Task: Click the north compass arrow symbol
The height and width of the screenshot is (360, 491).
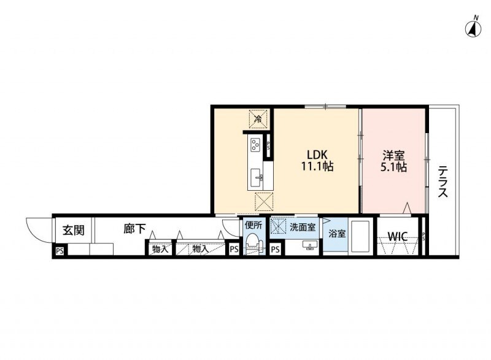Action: tap(473, 29)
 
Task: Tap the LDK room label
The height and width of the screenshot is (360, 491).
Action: tap(317, 155)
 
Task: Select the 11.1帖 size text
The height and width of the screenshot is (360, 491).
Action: tap(317, 166)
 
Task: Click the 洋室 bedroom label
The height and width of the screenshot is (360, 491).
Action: tap(393, 155)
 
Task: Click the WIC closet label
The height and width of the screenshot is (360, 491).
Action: tap(398, 236)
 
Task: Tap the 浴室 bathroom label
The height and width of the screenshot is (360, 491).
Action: tap(337, 234)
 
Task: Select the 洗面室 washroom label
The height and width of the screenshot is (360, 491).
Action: tap(303, 228)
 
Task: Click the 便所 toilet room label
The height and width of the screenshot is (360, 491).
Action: tap(253, 225)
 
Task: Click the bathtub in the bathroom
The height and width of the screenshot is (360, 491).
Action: tap(360, 237)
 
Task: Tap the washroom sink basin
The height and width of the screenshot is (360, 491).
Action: tap(310, 245)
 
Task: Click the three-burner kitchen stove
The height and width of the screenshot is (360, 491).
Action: tap(255, 145)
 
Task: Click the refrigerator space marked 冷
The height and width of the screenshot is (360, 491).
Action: tap(258, 118)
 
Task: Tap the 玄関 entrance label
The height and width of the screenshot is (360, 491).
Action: tap(74, 230)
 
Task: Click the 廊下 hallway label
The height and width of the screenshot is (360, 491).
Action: tap(134, 229)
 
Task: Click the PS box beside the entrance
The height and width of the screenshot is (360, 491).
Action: tap(60, 251)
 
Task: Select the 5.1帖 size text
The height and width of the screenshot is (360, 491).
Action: tap(393, 167)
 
